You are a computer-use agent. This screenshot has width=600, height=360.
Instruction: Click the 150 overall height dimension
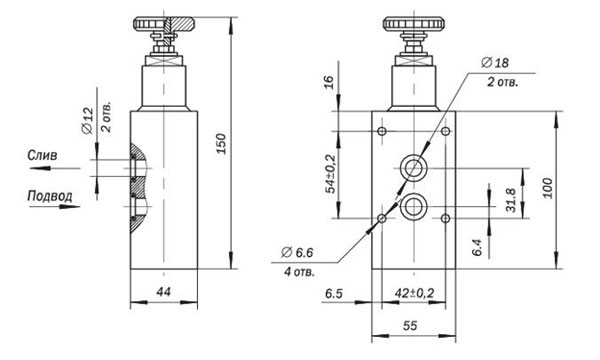click(221, 143)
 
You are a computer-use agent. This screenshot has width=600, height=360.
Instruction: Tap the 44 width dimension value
click(164, 292)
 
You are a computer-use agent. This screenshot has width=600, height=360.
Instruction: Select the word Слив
click(42, 155)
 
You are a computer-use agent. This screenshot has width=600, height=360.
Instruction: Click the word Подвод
click(50, 196)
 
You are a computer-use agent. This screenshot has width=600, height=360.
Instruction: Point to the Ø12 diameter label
click(88, 121)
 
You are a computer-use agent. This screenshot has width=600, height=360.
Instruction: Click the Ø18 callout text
click(495, 62)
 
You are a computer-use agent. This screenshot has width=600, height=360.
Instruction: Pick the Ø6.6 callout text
click(297, 252)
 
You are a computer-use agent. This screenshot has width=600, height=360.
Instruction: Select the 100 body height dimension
click(548, 188)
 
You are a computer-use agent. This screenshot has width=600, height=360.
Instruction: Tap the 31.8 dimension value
click(511, 200)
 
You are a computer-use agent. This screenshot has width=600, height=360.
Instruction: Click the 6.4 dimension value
click(477, 247)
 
